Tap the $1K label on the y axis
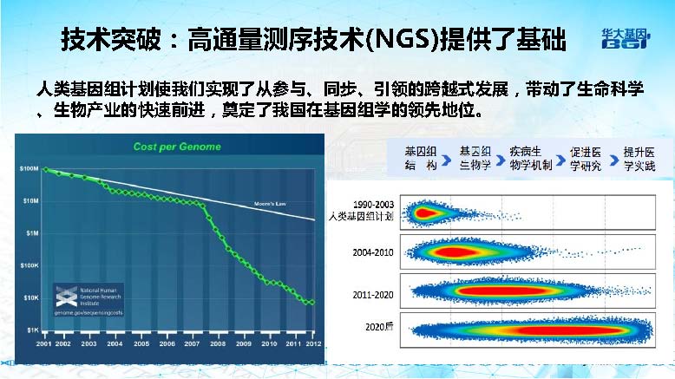tap(31, 330)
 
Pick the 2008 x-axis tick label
tap(216, 344)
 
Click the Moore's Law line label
tap(270, 203)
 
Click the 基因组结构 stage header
tap(422, 158)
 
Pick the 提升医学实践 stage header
tap(635, 158)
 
